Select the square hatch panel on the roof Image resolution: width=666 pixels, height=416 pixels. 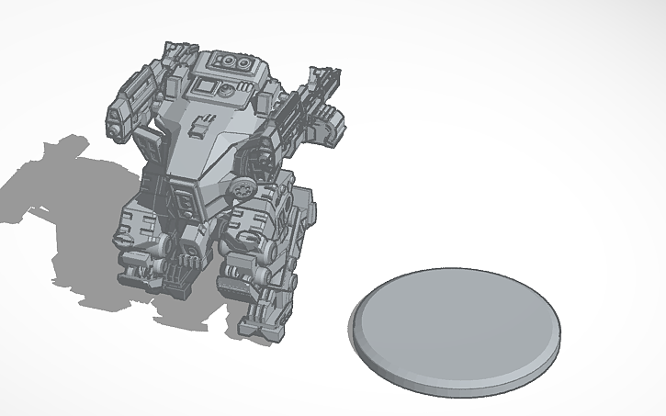coord(204,88)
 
